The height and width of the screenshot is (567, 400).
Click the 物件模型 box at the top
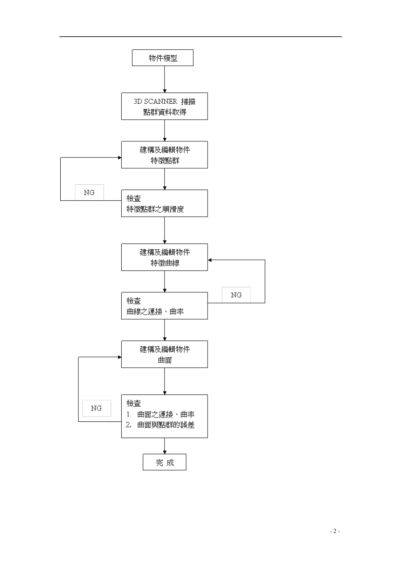pyautogui.click(x=163, y=58)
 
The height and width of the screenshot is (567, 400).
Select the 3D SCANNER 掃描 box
pyautogui.click(x=164, y=106)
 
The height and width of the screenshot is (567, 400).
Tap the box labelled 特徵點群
pyautogui.click(x=164, y=155)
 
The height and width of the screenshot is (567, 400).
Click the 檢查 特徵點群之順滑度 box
pyautogui.click(x=164, y=203)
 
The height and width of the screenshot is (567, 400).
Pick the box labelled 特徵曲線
pyautogui.click(x=164, y=257)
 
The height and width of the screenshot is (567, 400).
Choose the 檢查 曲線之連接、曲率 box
pyautogui.click(x=164, y=306)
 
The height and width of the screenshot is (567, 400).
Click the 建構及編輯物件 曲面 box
pyautogui.click(x=164, y=354)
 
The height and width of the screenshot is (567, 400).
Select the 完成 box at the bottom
pyautogui.click(x=164, y=462)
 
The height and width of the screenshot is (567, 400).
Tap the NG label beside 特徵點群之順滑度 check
pyautogui.click(x=89, y=192)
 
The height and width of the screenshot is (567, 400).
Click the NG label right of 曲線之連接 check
pyautogui.click(x=236, y=295)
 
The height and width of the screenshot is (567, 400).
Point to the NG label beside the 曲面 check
pyautogui.click(x=96, y=408)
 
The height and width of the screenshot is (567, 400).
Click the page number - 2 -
pyautogui.click(x=335, y=531)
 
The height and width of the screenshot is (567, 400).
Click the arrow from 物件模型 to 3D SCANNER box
pyautogui.click(x=165, y=79)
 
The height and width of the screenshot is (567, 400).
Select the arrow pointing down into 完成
pyautogui.click(x=165, y=446)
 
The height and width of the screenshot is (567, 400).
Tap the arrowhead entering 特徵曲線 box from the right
pyautogui.click(x=210, y=260)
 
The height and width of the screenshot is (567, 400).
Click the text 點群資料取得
pyautogui.click(x=165, y=112)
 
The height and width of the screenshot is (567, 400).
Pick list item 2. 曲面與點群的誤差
pyautogui.click(x=160, y=425)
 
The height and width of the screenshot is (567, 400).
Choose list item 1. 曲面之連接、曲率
pyautogui.click(x=160, y=414)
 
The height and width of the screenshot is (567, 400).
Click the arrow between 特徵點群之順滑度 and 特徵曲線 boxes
pyautogui.click(x=165, y=230)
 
